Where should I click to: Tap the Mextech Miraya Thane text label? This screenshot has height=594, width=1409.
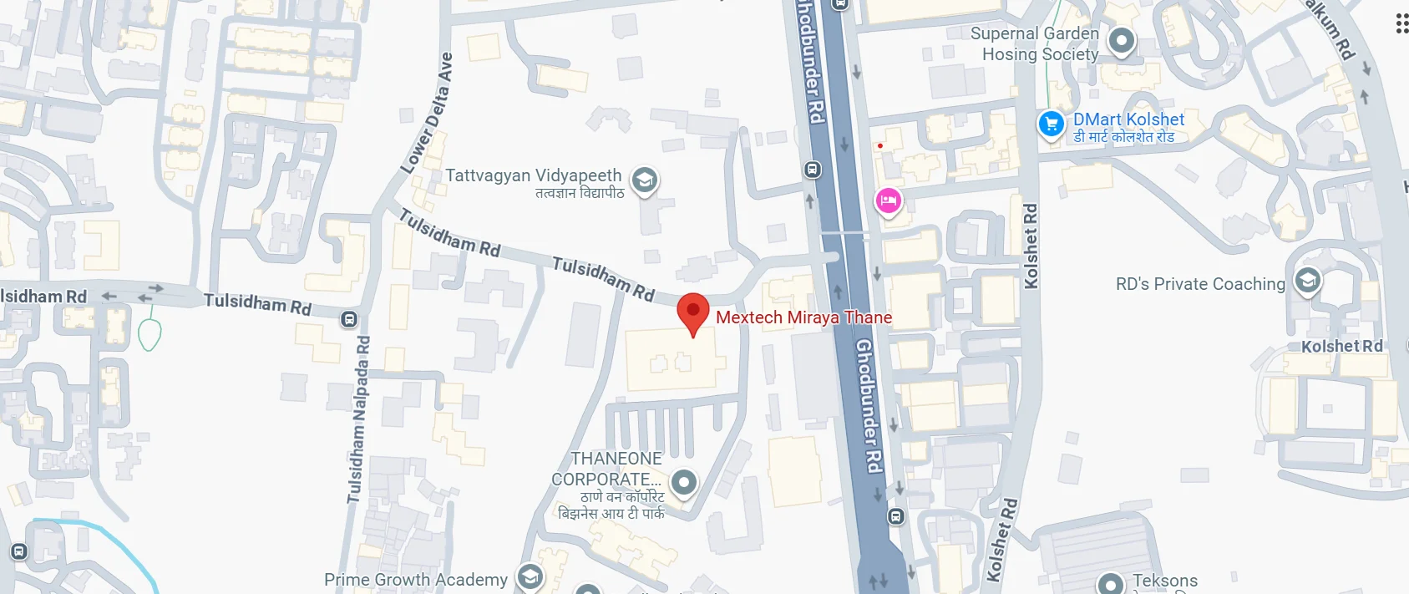[803, 317]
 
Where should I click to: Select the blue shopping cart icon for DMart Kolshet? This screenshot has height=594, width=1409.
[1051, 124]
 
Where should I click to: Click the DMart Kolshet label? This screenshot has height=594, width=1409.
[1128, 119]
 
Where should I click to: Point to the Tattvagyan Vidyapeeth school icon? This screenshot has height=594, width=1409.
[644, 180]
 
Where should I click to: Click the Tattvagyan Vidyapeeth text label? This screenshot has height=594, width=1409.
[533, 175]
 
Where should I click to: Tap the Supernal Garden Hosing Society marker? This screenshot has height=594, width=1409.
[1121, 40]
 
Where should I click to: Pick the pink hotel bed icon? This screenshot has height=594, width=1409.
[888, 201]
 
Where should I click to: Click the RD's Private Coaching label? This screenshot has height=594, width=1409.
[1199, 284]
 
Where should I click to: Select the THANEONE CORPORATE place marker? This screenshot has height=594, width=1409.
[684, 482]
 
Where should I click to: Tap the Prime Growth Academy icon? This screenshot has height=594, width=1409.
[530, 576]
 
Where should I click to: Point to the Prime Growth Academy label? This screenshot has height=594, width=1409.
[415, 580]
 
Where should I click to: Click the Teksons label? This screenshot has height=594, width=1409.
[1164, 581]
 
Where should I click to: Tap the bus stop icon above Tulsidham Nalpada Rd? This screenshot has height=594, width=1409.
[349, 319]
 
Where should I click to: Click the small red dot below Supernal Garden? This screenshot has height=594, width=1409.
[880, 145]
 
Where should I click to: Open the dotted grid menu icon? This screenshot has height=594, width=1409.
[1402, 23]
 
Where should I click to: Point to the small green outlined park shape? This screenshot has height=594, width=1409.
[150, 334]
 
